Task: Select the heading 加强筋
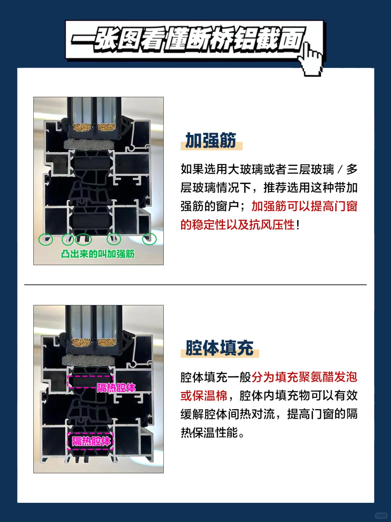click(x=211, y=140)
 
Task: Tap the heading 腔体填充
click(x=219, y=348)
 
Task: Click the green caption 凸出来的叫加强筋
click(x=98, y=254)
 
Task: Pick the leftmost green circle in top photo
click(x=46, y=239)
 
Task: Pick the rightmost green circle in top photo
click(x=149, y=239)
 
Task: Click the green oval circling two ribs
click(x=83, y=239)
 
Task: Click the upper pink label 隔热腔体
click(x=116, y=388)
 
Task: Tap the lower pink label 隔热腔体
click(x=91, y=441)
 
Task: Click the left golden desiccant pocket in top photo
click(x=83, y=127)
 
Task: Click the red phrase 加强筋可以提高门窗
click(x=304, y=206)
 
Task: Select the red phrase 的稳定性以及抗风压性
click(x=238, y=225)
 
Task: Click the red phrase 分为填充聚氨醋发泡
click(x=304, y=377)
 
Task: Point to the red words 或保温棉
click(x=204, y=396)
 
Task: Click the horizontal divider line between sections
click(x=195, y=285)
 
